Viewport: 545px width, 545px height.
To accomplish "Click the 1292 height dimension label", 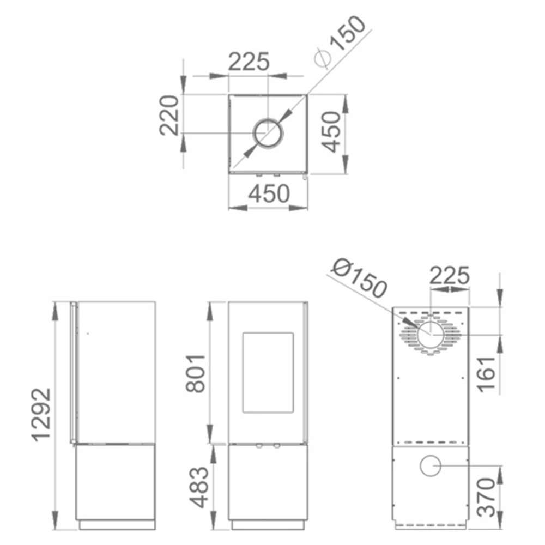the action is (x=41, y=415).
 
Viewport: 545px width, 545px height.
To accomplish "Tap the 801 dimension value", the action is (x=195, y=374).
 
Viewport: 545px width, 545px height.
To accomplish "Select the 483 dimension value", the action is (x=199, y=487).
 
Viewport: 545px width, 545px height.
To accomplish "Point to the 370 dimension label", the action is (x=486, y=498).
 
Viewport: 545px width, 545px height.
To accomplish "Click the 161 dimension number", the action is (x=486, y=374).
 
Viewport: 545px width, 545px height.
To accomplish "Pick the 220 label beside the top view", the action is (x=169, y=115).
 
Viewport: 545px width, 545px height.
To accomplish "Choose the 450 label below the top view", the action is (x=269, y=193).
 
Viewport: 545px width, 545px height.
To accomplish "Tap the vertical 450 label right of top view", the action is (x=330, y=132).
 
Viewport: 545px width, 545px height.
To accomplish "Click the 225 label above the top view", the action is (x=249, y=62).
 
